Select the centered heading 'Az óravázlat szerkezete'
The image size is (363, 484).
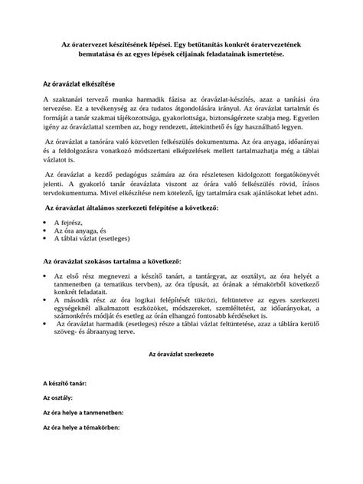point(181,356)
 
